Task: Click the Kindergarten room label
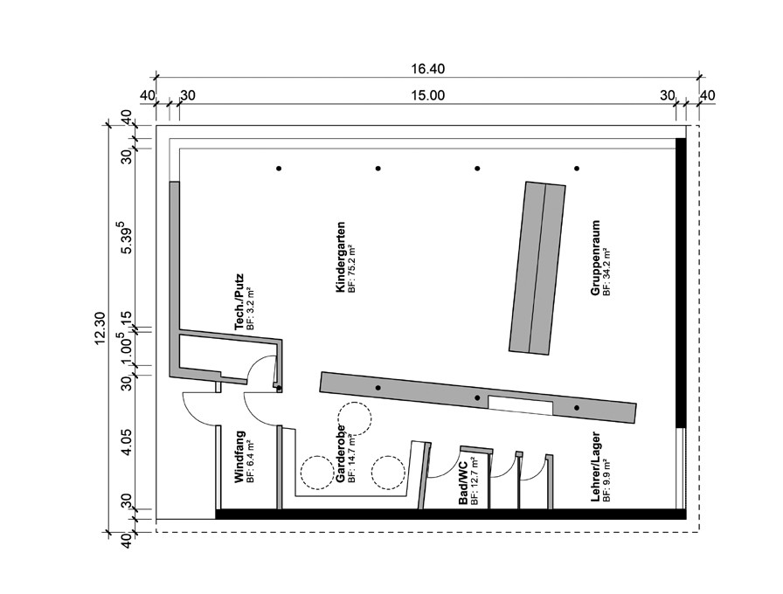(x=341, y=257)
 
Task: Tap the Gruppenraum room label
(x=595, y=258)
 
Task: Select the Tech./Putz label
(x=239, y=301)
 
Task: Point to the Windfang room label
(x=239, y=457)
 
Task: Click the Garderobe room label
(x=341, y=453)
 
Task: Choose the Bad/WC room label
(x=463, y=483)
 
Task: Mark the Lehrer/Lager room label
(x=595, y=466)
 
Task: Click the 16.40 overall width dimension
(x=427, y=68)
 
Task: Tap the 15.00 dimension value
(x=427, y=95)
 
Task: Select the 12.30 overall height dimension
(x=99, y=328)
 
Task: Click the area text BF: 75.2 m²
(x=352, y=268)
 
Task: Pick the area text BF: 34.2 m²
(x=606, y=272)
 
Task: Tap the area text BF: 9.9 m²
(x=606, y=480)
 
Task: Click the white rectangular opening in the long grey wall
(x=520, y=404)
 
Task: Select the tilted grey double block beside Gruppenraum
(x=537, y=268)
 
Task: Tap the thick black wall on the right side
(x=680, y=282)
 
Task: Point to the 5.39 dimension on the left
(x=127, y=238)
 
